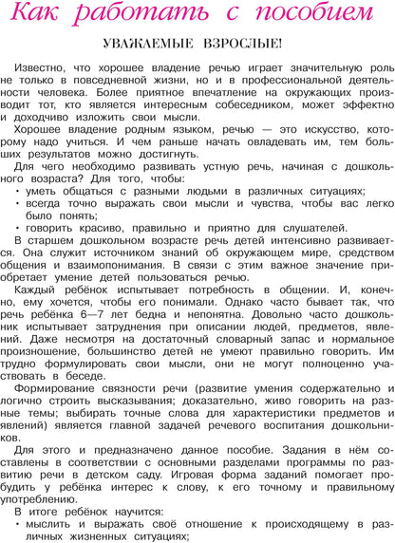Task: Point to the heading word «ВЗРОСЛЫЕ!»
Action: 241,45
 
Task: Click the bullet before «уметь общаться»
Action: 19,188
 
